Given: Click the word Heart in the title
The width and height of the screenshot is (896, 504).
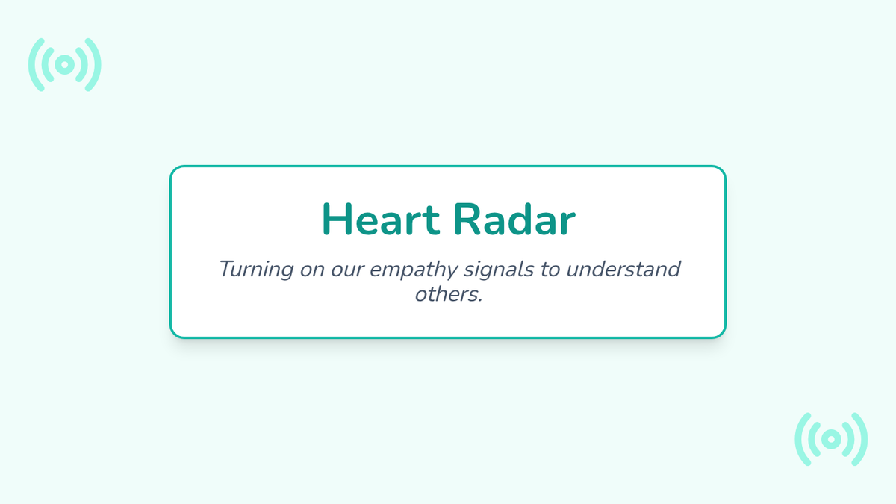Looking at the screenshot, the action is (x=381, y=220).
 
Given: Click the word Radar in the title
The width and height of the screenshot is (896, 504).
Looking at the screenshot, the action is (x=514, y=219).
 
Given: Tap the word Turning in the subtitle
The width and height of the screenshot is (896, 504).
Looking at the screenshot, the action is (x=256, y=270).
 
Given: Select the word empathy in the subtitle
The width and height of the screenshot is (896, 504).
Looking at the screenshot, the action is (x=413, y=270).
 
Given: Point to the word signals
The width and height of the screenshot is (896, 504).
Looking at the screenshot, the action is (x=499, y=270).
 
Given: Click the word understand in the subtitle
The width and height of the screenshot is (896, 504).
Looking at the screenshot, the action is (x=623, y=269).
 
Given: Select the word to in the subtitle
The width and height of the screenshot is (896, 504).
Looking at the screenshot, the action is (x=550, y=270).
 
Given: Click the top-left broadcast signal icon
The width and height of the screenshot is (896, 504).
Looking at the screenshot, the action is (x=65, y=65).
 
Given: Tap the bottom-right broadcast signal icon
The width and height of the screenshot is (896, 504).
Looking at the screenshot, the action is (x=831, y=439).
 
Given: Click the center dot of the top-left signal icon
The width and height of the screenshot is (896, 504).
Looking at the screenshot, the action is (x=65, y=65).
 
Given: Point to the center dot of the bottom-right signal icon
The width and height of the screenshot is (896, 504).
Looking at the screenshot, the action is (x=831, y=439).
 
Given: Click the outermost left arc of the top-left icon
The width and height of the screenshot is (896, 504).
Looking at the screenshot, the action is (x=31, y=65).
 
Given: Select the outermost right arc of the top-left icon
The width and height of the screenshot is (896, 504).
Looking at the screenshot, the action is (x=99, y=65).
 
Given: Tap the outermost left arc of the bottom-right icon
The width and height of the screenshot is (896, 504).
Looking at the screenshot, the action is (x=797, y=439).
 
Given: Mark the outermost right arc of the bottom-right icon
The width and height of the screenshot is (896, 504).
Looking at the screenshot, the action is (x=865, y=439).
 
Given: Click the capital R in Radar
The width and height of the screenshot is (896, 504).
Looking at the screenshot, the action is (x=467, y=220).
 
